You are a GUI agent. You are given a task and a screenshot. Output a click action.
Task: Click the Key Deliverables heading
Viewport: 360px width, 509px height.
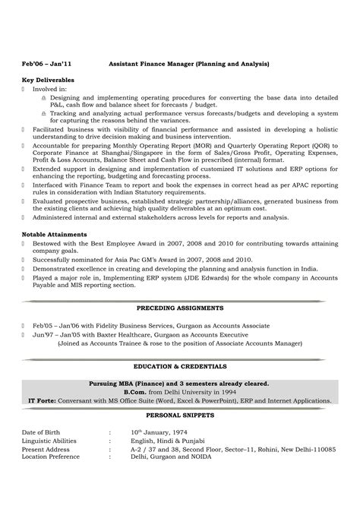click(x=47, y=79)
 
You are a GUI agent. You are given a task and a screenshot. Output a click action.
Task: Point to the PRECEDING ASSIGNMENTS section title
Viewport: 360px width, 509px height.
click(x=179, y=309)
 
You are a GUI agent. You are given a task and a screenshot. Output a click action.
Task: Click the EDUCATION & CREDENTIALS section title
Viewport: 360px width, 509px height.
click(x=179, y=366)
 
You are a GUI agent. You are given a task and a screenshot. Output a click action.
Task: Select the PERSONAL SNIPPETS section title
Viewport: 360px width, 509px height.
click(x=179, y=416)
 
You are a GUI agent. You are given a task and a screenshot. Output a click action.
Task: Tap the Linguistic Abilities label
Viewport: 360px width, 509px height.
click(x=50, y=440)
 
